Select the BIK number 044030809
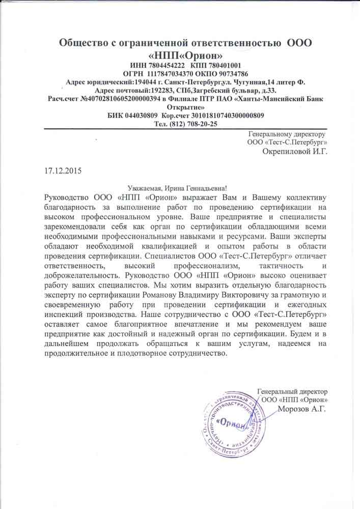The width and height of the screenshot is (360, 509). [x=136, y=116]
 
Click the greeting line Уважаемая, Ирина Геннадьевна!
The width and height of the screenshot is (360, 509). [x=180, y=188]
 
